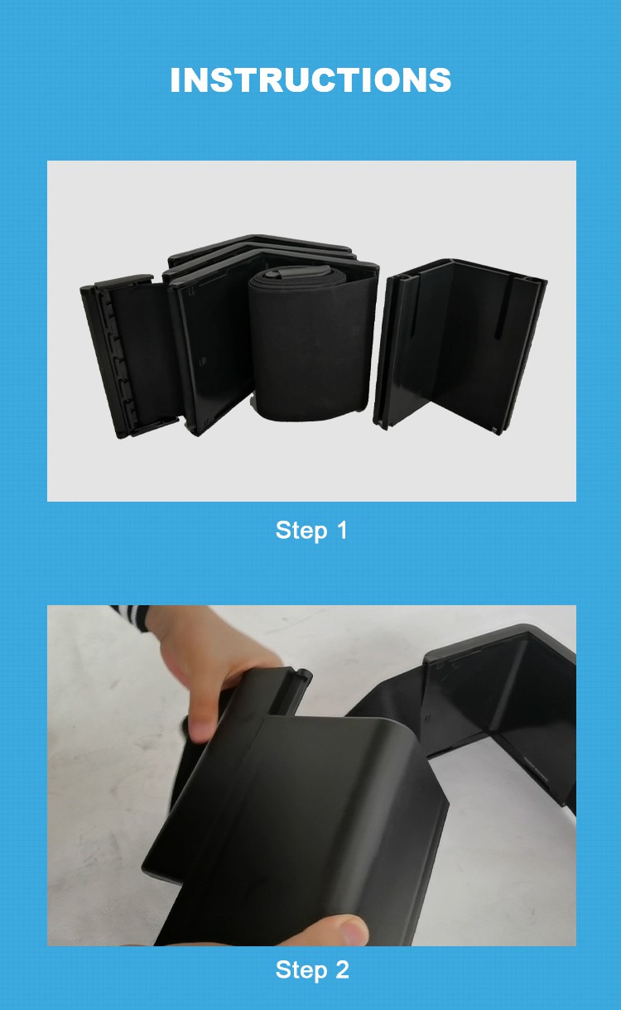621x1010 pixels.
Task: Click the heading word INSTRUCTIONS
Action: point(310,79)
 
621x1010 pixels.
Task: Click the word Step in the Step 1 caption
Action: point(301,531)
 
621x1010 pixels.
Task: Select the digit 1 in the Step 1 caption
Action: point(342,530)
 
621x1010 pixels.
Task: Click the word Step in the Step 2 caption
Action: point(301,969)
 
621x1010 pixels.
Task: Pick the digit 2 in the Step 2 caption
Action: point(342,969)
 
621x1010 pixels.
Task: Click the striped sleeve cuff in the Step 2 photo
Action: point(130,618)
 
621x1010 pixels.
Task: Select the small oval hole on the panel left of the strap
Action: point(203,361)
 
